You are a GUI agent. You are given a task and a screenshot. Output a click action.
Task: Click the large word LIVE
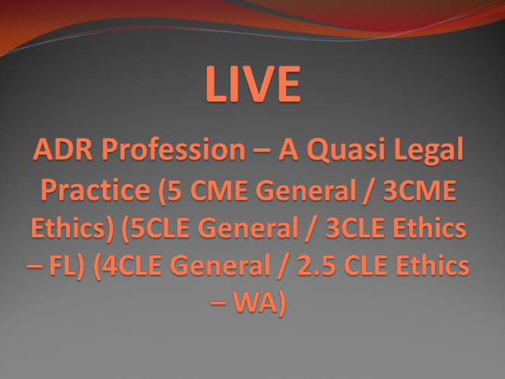click(x=253, y=84)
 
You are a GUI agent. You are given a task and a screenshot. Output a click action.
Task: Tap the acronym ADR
click(x=63, y=149)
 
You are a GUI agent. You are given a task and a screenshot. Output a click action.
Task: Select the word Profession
click(x=173, y=149)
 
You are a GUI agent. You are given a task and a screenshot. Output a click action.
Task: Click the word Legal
click(x=429, y=151)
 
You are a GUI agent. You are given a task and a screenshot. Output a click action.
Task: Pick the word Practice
click(x=95, y=190)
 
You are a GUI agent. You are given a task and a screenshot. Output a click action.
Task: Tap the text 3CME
click(x=420, y=189)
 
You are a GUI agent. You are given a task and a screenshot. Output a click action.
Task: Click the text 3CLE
click(x=355, y=228)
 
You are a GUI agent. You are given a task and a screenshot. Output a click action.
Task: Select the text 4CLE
click(x=132, y=266)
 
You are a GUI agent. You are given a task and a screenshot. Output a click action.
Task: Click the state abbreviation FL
click(x=63, y=266)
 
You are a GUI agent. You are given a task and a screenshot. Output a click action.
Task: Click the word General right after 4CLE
click(x=220, y=266)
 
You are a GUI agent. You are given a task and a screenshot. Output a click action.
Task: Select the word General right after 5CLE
click(x=248, y=228)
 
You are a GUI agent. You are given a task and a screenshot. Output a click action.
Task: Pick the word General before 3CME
click(x=305, y=189)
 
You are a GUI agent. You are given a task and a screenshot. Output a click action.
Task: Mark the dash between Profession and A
click(x=262, y=150)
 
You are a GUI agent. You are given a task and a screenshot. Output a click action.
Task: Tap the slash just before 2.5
click(x=284, y=266)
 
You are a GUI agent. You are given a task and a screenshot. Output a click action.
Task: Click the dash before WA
click(x=218, y=303)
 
